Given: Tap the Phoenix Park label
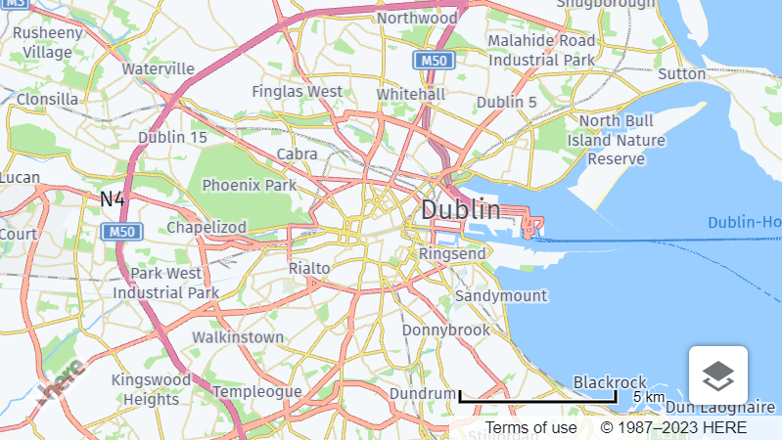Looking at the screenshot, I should pyautogui.click(x=249, y=185).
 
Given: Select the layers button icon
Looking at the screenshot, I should pyautogui.click(x=718, y=374).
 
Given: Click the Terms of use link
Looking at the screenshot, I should pyautogui.click(x=531, y=428).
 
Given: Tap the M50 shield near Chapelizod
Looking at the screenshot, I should pyautogui.click(x=121, y=232).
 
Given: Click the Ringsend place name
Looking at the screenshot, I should pyautogui.click(x=451, y=254).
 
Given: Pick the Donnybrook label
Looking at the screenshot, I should pyautogui.click(x=446, y=330).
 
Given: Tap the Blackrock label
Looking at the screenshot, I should pyautogui.click(x=610, y=381).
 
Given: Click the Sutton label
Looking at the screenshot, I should pyautogui.click(x=682, y=73).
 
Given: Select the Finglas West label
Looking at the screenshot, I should pyautogui.click(x=298, y=91).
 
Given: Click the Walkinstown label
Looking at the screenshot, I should pyautogui.click(x=238, y=337).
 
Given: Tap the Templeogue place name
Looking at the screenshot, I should pyautogui.click(x=257, y=391).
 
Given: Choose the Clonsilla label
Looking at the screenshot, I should pyautogui.click(x=47, y=99).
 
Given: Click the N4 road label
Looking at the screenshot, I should pyautogui.click(x=113, y=199).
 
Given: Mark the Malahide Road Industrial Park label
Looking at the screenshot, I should pyautogui.click(x=542, y=50).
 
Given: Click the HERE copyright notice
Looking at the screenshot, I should pyautogui.click(x=673, y=428).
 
